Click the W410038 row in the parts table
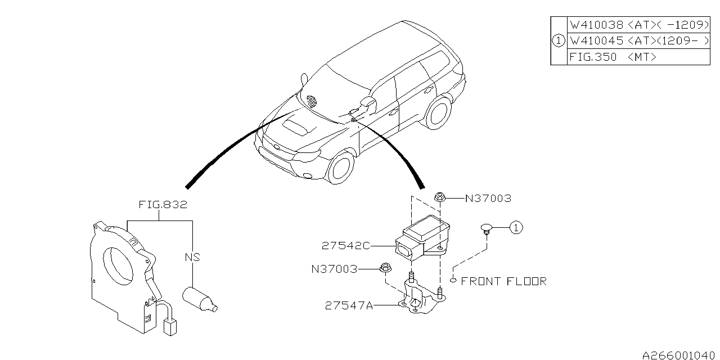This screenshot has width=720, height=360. (x=638, y=25)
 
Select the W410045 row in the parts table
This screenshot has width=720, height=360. (x=638, y=41)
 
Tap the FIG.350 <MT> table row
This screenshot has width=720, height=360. (x=638, y=57)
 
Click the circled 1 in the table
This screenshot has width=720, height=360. (x=559, y=41)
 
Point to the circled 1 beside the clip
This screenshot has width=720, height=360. (x=516, y=228)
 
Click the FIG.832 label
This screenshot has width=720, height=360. (x=163, y=205)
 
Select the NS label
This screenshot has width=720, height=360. (x=192, y=257)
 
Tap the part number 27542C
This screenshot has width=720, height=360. (x=346, y=246)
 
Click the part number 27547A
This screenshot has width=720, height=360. (x=349, y=305)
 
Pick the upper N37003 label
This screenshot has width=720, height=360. (x=488, y=199)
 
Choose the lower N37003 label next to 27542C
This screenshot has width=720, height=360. (x=334, y=269)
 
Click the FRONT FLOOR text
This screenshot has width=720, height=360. (x=503, y=282)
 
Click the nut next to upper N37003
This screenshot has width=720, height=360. (x=439, y=197)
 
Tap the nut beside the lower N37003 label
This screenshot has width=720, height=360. (x=385, y=267)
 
